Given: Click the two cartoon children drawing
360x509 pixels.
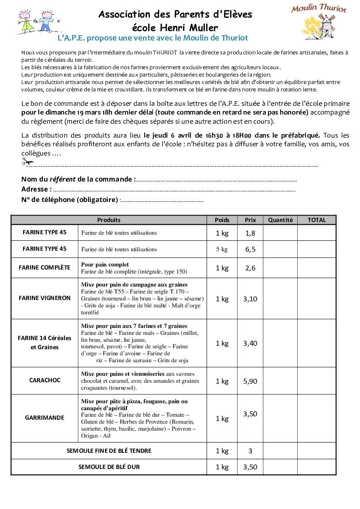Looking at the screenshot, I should [34, 22].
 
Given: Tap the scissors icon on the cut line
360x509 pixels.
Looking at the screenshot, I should [27, 162].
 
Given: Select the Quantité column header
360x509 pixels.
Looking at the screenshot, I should [280, 220].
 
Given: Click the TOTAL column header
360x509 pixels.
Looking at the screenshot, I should [316, 220].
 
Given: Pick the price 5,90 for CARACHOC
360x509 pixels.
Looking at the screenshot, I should [250, 381].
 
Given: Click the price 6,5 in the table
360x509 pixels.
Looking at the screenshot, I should [250, 249].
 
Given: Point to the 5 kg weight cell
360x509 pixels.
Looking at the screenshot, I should [222, 249].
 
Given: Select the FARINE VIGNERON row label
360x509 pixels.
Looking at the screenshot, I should [44, 298].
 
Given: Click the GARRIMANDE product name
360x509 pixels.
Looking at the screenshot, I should [44, 418].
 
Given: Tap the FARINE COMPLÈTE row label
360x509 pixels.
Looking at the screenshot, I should [44, 268].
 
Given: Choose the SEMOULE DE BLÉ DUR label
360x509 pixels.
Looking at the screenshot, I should [109, 467].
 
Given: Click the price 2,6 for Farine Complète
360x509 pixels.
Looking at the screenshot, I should [250, 268].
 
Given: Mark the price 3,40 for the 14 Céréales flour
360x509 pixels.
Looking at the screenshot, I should [250, 343].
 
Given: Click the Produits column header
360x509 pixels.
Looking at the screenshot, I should [109, 220].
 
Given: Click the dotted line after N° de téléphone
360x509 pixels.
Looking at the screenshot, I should [161, 201].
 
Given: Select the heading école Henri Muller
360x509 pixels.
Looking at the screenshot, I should [175, 28].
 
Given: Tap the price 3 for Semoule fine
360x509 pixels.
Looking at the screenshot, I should [250, 451].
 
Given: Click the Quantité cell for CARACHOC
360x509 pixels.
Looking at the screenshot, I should [280, 381].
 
